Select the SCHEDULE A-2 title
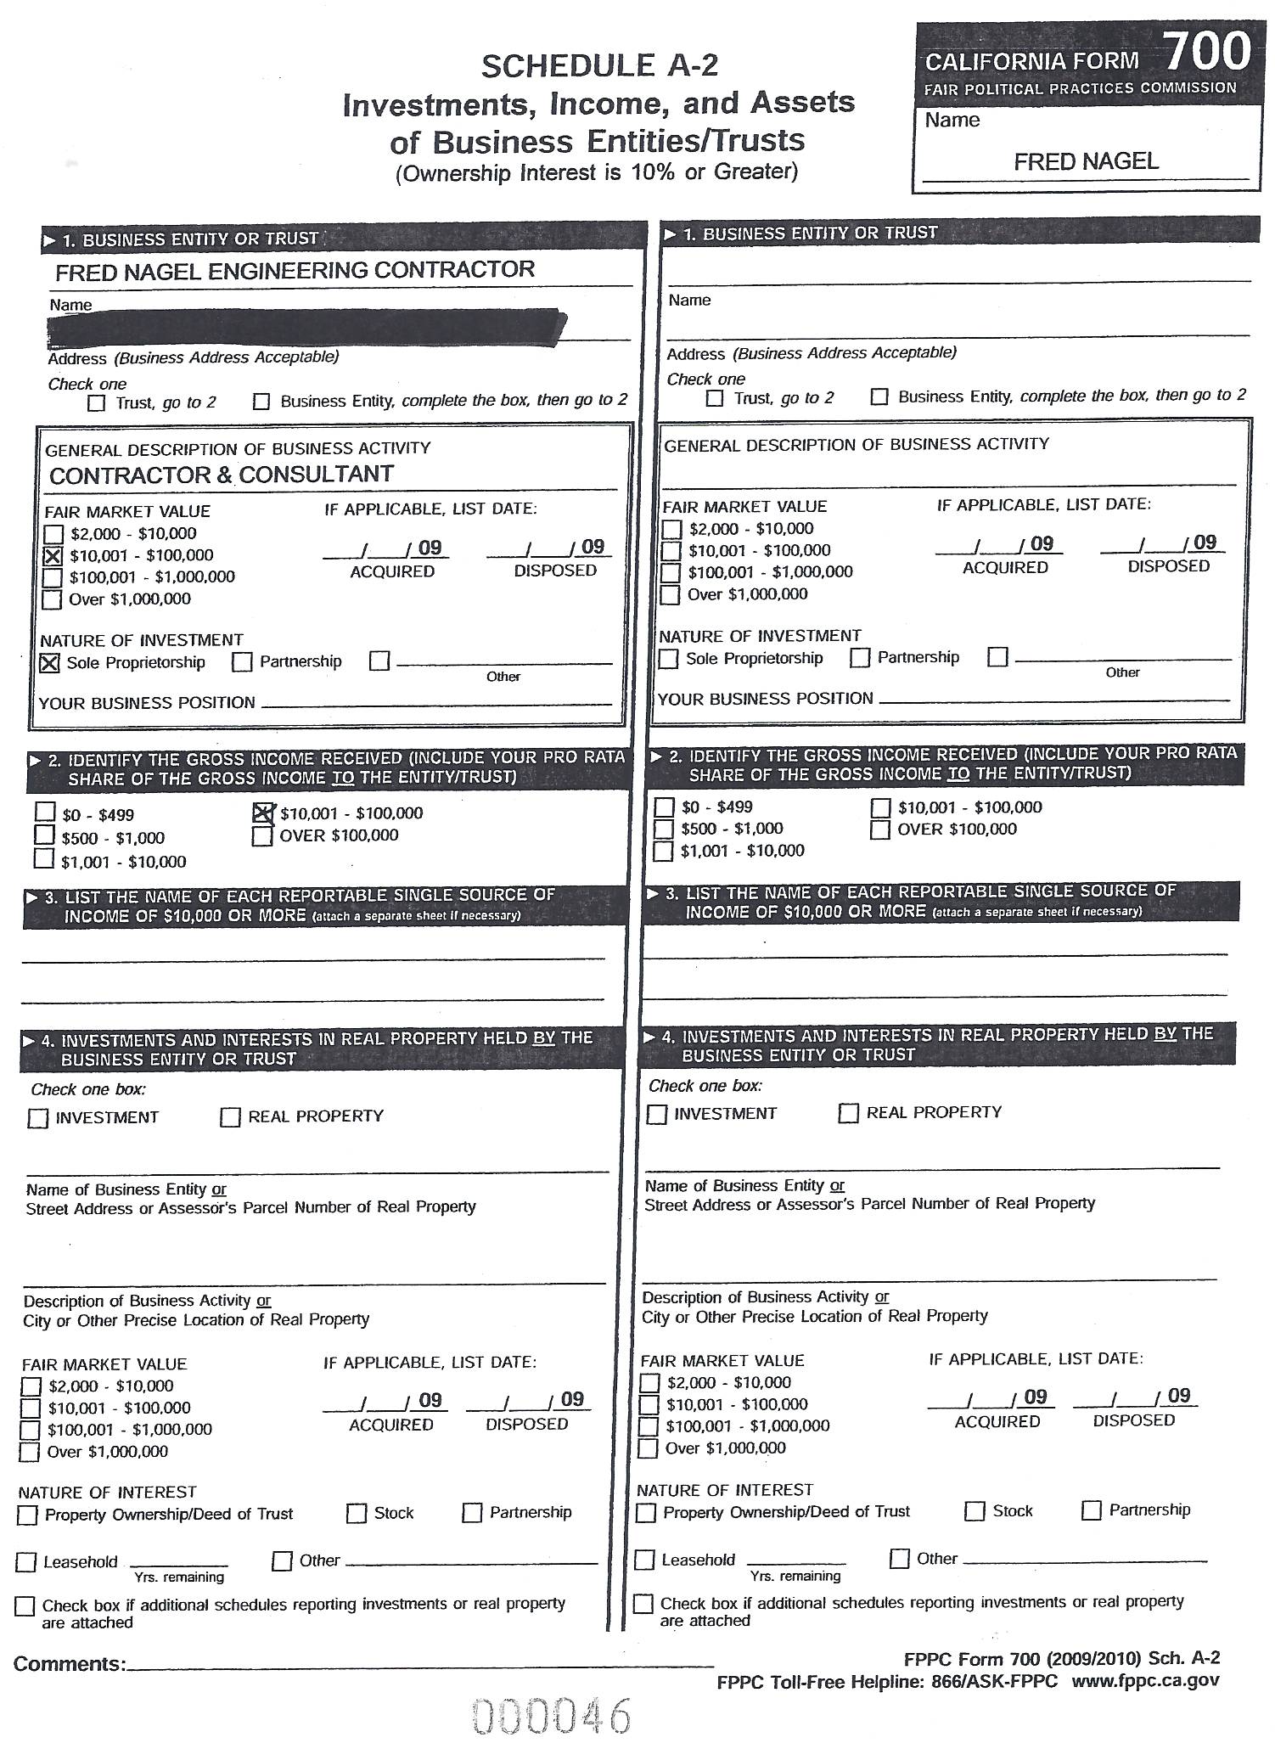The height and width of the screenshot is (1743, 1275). click(x=599, y=66)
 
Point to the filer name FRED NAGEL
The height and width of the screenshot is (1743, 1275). click(x=1086, y=161)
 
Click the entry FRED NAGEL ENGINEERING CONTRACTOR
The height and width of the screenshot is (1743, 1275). click(x=295, y=271)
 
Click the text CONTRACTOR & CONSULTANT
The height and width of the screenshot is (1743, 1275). click(x=222, y=475)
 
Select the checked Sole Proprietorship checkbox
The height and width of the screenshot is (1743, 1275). click(x=50, y=663)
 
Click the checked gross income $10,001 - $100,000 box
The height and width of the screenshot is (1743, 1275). click(x=263, y=813)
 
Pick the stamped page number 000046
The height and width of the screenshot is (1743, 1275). click(x=552, y=1715)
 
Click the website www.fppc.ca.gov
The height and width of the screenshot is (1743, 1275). click(x=1145, y=1680)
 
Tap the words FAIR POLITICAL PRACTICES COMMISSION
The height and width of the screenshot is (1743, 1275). click(x=1080, y=88)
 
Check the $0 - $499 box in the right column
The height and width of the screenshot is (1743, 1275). click(x=665, y=807)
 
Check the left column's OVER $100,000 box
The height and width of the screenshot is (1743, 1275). click(x=262, y=836)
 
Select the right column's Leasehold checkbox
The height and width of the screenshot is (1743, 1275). click(x=645, y=1560)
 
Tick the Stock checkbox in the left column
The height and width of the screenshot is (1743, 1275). click(x=357, y=1514)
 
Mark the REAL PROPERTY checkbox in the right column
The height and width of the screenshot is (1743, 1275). click(x=848, y=1113)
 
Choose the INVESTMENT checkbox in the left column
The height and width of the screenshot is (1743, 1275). click(x=38, y=1118)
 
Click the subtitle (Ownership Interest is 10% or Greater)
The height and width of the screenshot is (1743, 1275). click(x=597, y=172)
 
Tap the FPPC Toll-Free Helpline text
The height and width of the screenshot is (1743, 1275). click(x=887, y=1681)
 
